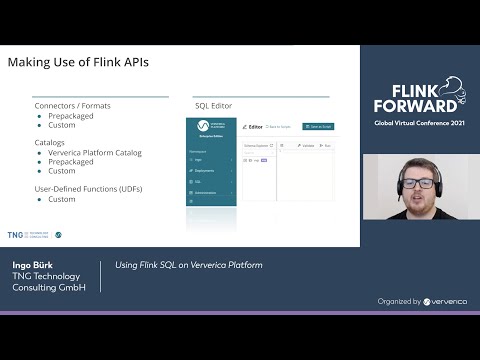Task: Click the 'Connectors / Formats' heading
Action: coord(72,105)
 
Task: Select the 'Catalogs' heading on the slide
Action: coord(49,143)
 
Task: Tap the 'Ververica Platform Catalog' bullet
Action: coord(95,152)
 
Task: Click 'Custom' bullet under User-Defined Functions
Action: coord(62,199)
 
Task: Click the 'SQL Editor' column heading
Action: coord(212,105)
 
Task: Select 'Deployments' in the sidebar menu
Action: coord(205,171)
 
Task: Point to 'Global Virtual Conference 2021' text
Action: coord(420,123)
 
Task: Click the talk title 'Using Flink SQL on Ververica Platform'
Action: coord(188,265)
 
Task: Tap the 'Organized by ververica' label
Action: coord(418,300)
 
